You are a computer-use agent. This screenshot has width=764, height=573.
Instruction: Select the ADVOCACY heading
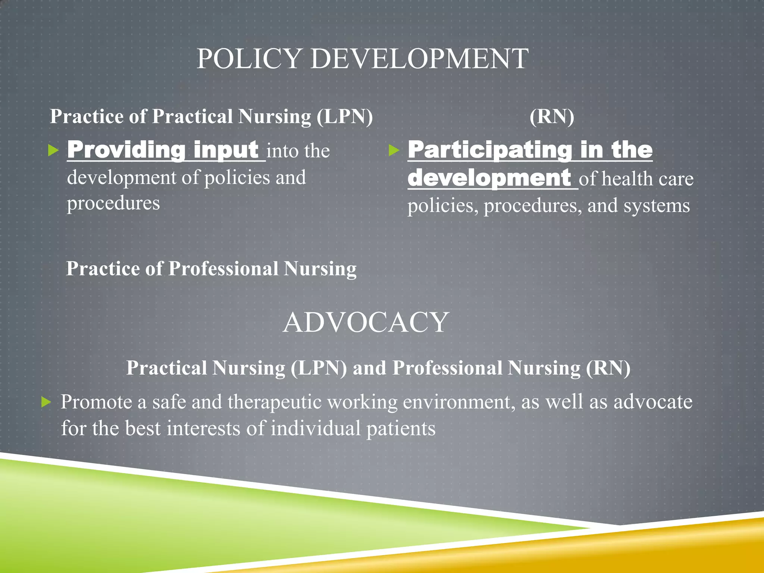[366, 322]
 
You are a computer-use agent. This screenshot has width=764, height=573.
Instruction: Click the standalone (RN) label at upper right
[552, 116]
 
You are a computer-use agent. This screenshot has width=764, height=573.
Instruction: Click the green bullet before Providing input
[54, 151]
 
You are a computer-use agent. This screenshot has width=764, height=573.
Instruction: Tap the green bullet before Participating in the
[394, 151]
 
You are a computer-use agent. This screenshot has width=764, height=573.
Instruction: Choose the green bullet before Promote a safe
[46, 402]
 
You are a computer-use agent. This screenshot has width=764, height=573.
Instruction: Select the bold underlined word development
[489, 178]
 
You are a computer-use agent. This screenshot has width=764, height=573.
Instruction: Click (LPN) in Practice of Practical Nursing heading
[345, 116]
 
